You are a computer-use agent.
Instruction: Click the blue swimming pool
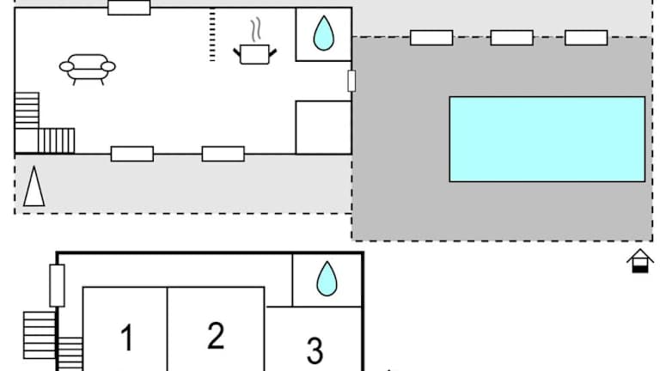(547, 139)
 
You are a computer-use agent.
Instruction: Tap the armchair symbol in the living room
(88, 67)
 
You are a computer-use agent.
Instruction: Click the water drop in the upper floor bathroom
(323, 34)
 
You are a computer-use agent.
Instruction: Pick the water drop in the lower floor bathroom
(327, 279)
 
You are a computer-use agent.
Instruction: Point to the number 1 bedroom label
(126, 338)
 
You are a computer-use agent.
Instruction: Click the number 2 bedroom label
(216, 335)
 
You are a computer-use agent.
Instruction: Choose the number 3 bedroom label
(315, 350)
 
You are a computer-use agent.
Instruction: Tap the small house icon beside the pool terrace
(639, 260)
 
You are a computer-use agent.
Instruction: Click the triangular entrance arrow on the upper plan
(34, 186)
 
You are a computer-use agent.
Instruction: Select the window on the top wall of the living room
(129, 8)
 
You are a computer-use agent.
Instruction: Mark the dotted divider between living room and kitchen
(212, 35)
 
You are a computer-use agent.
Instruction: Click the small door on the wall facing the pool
(351, 81)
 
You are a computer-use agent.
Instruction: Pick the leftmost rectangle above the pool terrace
(431, 38)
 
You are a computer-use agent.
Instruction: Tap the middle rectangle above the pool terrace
(511, 38)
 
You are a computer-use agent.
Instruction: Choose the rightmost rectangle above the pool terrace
(586, 38)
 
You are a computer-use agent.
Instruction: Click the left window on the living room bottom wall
(132, 154)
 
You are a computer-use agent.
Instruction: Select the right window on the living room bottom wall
(223, 154)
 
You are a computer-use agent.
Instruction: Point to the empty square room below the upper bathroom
(323, 127)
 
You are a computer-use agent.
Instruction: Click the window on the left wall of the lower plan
(58, 285)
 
